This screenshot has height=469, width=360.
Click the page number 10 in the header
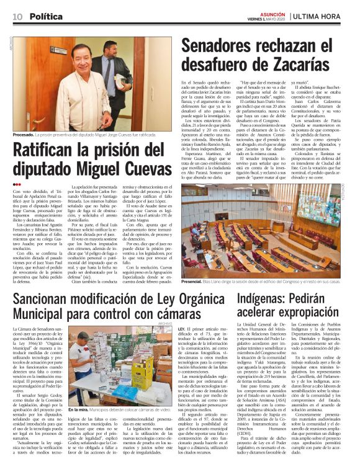pos(16,16)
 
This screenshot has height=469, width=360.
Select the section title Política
pos(46,16)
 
